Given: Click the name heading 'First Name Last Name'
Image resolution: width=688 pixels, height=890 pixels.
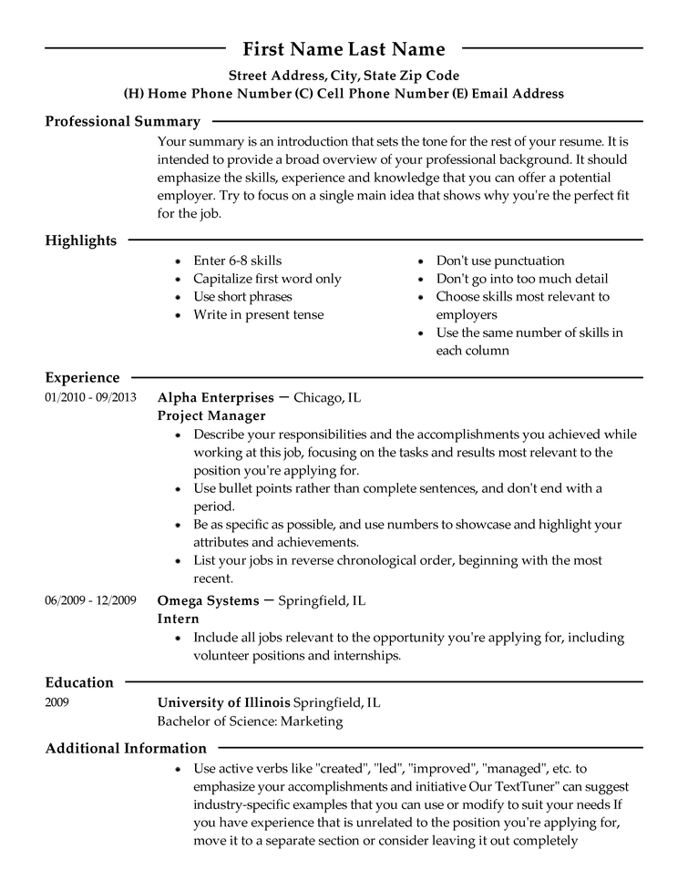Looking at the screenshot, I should click(344, 49).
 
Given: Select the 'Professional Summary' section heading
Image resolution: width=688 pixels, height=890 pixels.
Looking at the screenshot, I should click(122, 121).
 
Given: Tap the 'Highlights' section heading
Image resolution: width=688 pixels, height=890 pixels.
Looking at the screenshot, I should click(81, 240).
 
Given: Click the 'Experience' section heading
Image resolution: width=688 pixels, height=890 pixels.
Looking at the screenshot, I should click(82, 377).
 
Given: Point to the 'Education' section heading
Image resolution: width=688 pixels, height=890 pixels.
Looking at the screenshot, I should click(79, 682).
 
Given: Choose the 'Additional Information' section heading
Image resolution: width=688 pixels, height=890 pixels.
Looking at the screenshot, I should click(126, 748).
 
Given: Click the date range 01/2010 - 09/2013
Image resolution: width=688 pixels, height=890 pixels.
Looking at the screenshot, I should click(90, 397).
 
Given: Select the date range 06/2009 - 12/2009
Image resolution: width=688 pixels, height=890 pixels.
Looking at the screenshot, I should click(90, 600).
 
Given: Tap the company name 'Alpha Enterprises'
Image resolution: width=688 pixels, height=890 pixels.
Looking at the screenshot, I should click(215, 398).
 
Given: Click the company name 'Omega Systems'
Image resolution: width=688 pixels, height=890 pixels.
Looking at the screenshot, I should click(209, 601).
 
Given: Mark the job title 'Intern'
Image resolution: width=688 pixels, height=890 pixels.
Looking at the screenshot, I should click(178, 619).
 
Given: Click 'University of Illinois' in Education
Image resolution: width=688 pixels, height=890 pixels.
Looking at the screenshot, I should click(223, 703).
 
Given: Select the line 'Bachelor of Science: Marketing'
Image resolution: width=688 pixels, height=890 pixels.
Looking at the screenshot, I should click(250, 721).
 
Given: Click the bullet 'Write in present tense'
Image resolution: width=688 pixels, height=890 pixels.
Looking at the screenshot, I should click(258, 315).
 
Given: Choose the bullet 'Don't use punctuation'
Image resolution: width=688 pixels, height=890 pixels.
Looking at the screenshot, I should click(499, 261).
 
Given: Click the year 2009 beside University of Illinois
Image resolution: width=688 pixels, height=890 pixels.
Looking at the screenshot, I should click(56, 703).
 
